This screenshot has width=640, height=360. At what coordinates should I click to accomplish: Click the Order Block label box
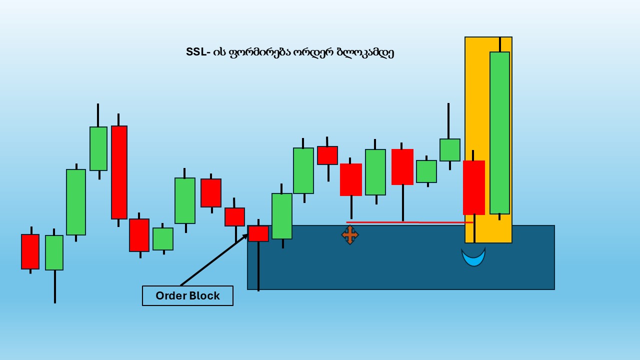tap(187, 295)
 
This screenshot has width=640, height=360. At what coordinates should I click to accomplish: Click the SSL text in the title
tap(196, 52)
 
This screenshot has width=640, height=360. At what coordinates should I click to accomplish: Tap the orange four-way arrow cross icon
tap(350, 235)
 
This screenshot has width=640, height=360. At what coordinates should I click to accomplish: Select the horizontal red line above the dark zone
tap(409, 222)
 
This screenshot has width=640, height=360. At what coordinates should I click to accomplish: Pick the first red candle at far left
tap(30, 251)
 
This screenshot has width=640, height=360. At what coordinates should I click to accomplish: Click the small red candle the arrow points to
tap(258, 233)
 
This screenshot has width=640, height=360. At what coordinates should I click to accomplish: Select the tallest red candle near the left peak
tap(119, 172)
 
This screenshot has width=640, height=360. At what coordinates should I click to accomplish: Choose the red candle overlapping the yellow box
tap(474, 187)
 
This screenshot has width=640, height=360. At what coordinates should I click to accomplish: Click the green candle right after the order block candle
tap(282, 216)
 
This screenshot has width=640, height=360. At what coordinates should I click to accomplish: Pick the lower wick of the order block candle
tap(258, 266)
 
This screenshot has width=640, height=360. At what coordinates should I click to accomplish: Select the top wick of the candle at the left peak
tap(98, 115)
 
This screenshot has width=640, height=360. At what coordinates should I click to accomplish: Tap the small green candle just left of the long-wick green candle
tap(426, 171)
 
